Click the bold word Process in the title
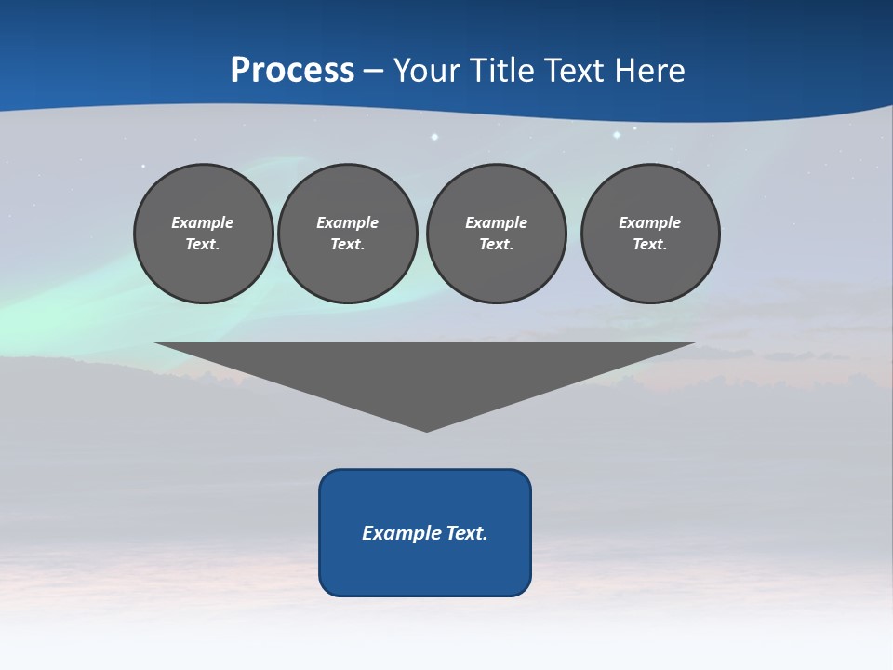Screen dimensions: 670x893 pos(292,71)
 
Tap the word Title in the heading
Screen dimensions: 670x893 pos(501,71)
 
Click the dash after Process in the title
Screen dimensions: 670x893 pos(374,72)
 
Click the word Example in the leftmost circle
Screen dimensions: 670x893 pos(203,222)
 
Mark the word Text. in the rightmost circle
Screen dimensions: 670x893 pos(650,245)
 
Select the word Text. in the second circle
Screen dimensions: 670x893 pos(347,245)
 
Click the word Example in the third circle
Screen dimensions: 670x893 pos(496,222)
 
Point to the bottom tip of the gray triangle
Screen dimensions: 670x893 pos(426,429)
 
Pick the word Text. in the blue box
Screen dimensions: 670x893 pos(467,533)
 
